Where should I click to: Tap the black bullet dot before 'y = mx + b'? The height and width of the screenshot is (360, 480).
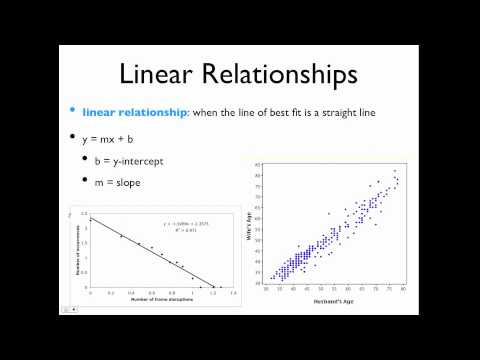tap(71, 137)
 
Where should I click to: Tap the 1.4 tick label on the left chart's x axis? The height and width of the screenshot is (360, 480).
tap(232, 292)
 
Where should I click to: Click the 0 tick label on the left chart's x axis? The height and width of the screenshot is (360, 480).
tap(91, 292)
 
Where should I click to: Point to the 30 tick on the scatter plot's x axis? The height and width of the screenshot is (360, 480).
tap(267, 287)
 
